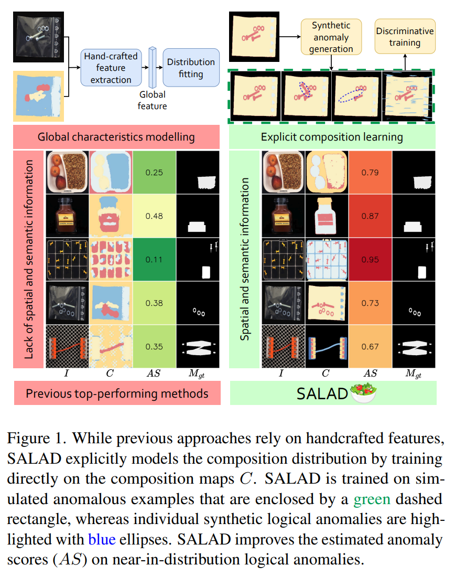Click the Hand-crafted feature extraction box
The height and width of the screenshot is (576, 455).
110,68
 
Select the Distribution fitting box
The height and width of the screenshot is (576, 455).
191,68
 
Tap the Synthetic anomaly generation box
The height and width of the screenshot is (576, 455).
331,37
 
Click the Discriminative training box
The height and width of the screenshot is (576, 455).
405,37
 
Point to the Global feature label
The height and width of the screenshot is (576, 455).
153,100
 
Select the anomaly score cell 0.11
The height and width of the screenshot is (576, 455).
154,260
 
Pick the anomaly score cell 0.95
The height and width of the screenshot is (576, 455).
370,260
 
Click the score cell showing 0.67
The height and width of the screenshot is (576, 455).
370,346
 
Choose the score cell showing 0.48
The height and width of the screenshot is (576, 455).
154,216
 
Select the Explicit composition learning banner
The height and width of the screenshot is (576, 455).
332,137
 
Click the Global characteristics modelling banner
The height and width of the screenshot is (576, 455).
116,137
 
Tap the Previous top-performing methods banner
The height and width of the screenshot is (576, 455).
116,393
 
